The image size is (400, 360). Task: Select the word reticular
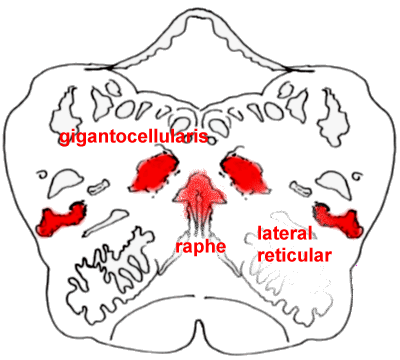pos(295,256)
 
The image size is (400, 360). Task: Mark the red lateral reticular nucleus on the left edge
pos(62,217)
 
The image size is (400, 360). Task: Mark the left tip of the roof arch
pos(112,66)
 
